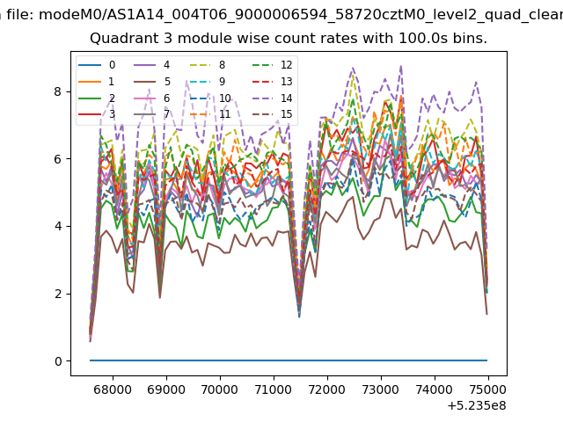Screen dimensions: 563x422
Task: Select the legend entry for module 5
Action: click(152, 82)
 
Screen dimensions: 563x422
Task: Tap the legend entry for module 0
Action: click(97, 65)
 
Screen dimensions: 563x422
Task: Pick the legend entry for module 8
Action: click(208, 65)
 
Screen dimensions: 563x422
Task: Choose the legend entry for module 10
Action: click(209, 98)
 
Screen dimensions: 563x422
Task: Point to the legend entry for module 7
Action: click(152, 114)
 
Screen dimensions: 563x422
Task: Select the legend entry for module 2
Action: click(97, 98)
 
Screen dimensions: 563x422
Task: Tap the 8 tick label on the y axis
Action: click(58, 91)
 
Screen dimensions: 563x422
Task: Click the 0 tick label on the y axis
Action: click(58, 361)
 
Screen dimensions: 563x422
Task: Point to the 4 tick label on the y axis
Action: click(58, 227)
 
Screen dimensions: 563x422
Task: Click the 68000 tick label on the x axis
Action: click(113, 389)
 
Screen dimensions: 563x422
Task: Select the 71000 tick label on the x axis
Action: click(274, 389)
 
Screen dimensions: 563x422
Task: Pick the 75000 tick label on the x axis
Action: click(487, 389)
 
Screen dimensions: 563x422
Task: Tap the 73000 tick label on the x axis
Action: click(381, 389)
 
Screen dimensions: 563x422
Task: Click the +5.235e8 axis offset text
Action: click(477, 406)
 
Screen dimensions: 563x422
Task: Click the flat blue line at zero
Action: click(289, 360)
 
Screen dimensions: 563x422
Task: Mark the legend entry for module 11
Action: click(209, 114)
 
